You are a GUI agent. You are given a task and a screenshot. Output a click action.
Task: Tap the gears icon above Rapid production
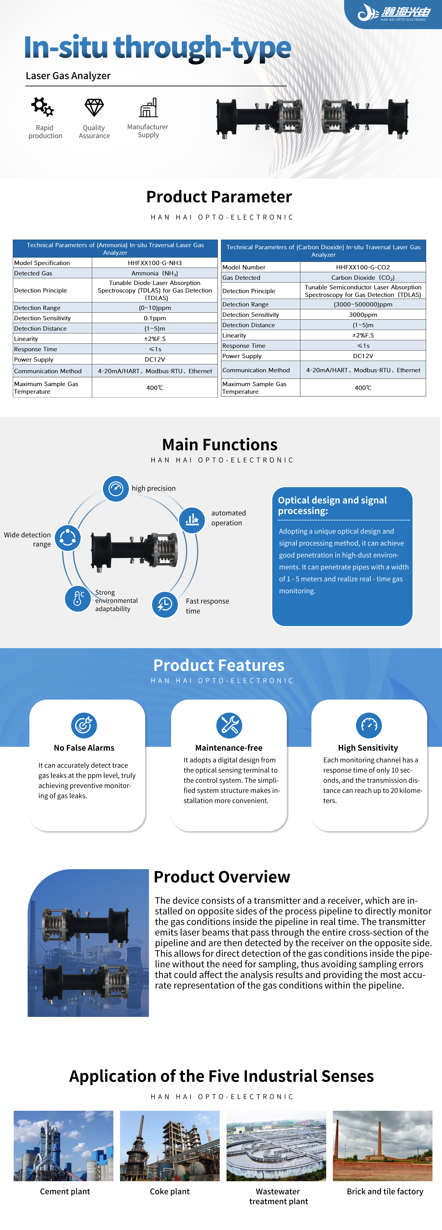tap(42, 107)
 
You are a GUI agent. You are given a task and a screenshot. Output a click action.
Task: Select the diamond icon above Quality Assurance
tap(94, 107)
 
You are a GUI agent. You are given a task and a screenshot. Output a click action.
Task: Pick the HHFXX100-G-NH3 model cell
tap(154, 263)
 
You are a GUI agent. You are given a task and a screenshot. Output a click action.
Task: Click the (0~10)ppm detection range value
tap(154, 308)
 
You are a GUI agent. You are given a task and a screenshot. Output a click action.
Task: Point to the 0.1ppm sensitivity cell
tap(154, 318)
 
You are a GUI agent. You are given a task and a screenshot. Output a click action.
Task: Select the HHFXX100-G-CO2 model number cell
tap(363, 267)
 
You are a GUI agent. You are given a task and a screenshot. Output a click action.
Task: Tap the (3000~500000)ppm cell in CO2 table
tap(363, 304)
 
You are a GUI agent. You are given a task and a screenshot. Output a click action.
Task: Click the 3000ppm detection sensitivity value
tap(363, 315)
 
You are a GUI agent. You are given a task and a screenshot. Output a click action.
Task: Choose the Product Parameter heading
tap(219, 197)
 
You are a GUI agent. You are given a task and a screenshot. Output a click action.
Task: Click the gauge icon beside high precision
tap(116, 488)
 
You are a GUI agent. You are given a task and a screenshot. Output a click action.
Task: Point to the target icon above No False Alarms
tap(84, 725)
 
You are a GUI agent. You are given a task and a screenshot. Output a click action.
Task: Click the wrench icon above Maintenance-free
tap(229, 725)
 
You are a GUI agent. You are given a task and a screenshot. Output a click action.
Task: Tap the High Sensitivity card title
tap(368, 748)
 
